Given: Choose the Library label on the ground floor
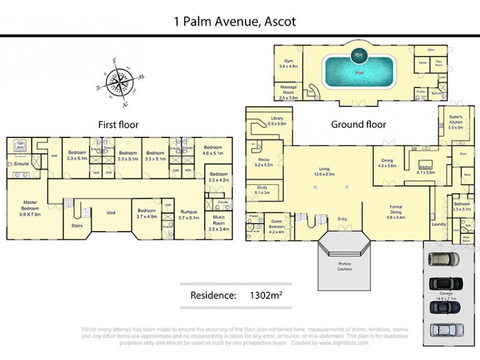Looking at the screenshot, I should (277, 121).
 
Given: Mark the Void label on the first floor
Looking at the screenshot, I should (110, 212).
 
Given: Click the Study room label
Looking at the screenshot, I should (262, 190).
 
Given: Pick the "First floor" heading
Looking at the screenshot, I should (118, 125).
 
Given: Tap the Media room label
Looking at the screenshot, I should (263, 161).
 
